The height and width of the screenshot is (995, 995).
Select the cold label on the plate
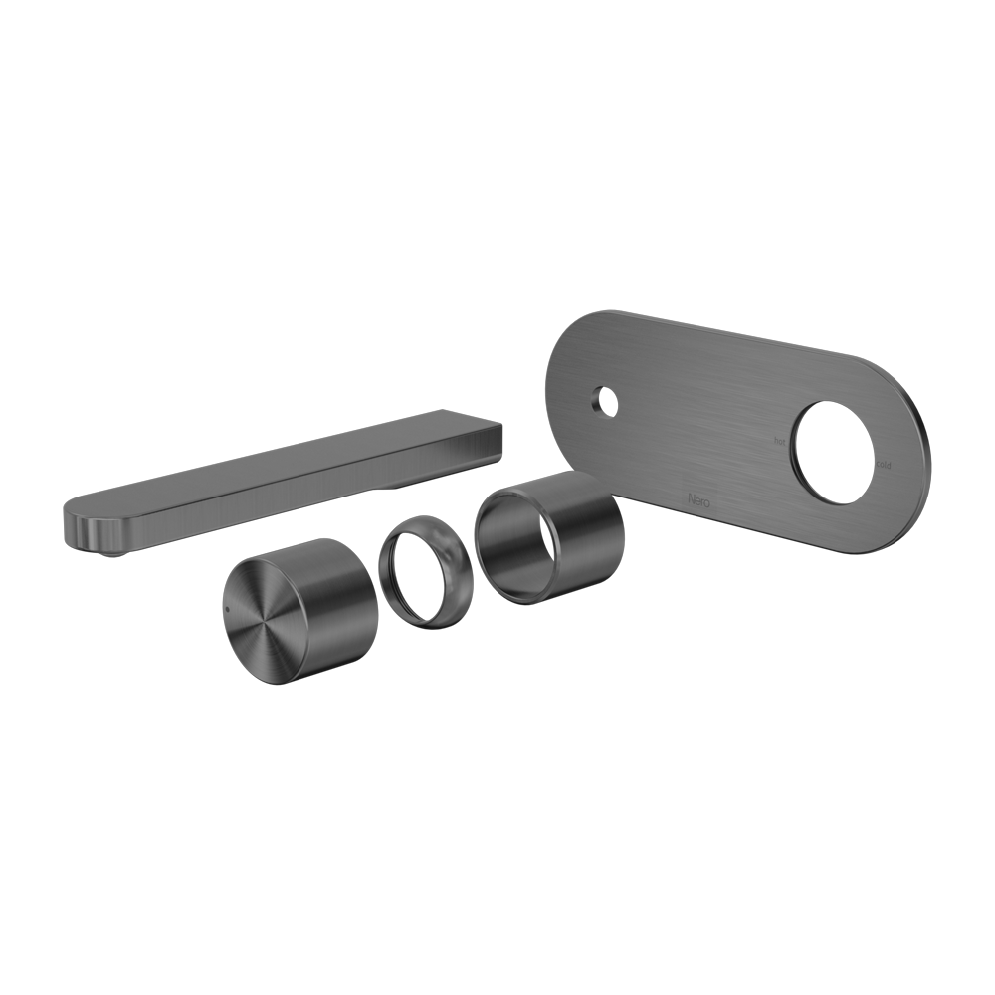[884, 464]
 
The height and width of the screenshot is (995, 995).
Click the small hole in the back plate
[603, 403]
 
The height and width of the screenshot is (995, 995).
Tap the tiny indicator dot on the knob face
[227, 602]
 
